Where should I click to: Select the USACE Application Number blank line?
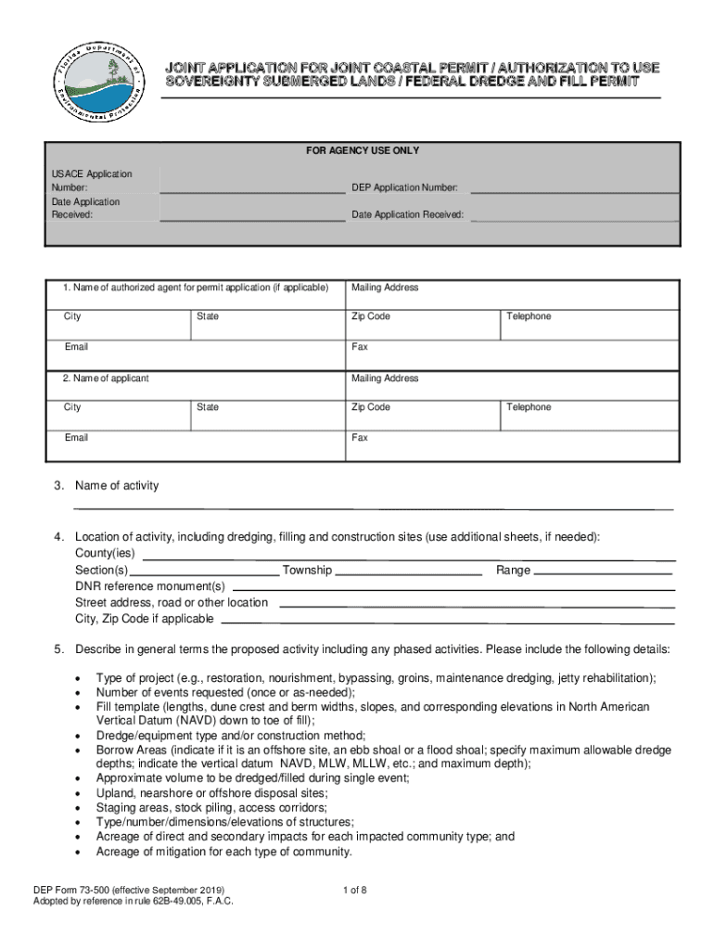coord(252,192)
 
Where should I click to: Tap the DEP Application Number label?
coord(404,187)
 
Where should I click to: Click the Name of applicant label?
coord(106,379)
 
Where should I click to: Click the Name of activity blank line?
coord(373,508)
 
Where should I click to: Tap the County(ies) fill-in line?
coord(408,559)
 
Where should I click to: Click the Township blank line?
coord(408,575)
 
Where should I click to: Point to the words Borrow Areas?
coord(131,750)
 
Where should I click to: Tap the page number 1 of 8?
coord(355,891)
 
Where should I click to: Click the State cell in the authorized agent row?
coord(267,324)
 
